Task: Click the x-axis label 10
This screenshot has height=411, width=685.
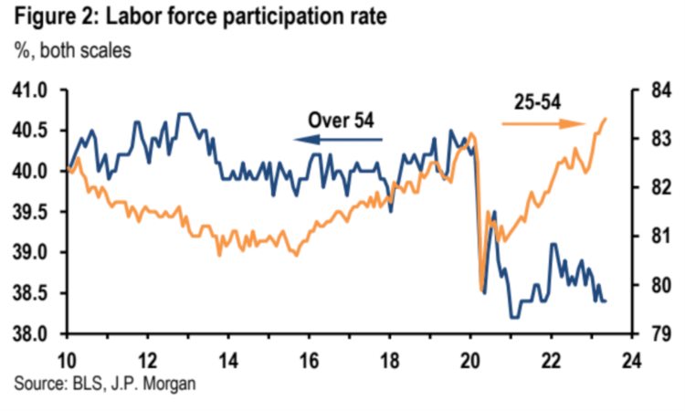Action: [68, 357]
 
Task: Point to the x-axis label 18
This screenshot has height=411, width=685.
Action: [390, 357]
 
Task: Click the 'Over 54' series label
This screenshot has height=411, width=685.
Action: [342, 120]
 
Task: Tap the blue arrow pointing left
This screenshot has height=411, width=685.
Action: [338, 140]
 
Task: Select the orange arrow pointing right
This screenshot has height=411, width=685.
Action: [543, 123]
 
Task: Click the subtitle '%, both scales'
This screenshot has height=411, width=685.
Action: [72, 50]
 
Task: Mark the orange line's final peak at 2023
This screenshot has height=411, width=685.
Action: [606, 118]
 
